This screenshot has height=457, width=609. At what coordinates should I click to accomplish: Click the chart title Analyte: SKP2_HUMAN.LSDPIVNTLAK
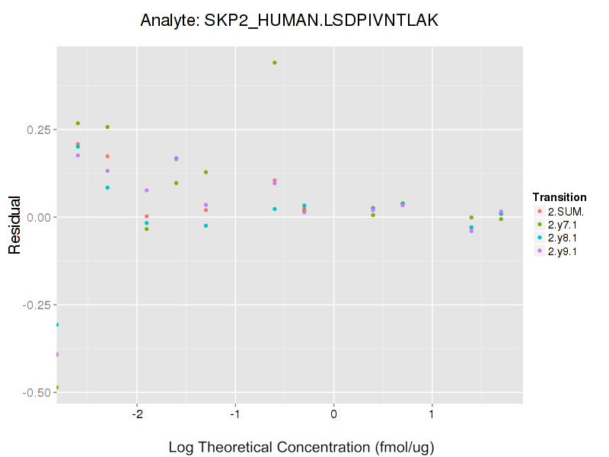(289, 21)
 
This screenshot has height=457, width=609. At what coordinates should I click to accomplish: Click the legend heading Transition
(560, 197)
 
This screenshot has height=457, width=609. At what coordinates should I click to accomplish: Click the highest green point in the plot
(275, 62)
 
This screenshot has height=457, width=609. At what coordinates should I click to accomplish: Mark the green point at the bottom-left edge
(57, 387)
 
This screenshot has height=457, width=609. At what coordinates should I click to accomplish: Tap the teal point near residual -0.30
(57, 325)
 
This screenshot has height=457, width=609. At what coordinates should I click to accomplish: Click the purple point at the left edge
(57, 354)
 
